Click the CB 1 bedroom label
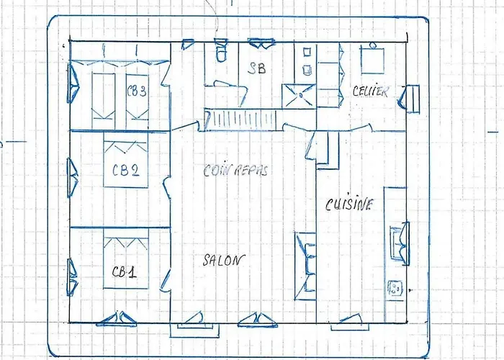coord(125,272)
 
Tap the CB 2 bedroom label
coord(126,170)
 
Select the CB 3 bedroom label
coord(137,91)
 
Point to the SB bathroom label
coord(257,68)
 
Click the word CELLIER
coord(371,91)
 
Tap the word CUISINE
coord(349,204)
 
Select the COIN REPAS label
coord(235,171)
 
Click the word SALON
coord(224,260)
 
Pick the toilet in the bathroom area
coord(221,50)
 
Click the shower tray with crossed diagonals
coord(299,96)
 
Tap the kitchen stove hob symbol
coord(395,288)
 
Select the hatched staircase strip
coord(240,120)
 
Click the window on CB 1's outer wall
coord(72,278)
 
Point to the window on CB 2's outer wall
coord(72,177)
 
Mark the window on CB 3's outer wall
coord(73,83)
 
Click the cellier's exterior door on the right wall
coord(409,99)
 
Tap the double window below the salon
coord(258,320)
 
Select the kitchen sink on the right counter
coord(400,243)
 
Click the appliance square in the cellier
coord(372,59)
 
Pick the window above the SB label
coord(261,43)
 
